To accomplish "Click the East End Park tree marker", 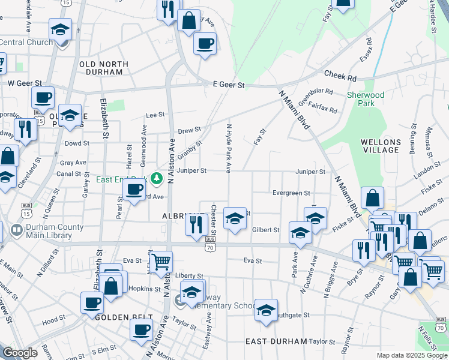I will (x=157, y=178).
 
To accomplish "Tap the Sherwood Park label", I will (x=366, y=99).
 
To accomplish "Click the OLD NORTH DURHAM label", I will (x=104, y=68).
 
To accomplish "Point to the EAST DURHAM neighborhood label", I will (x=276, y=341).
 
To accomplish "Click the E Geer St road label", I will (x=229, y=85).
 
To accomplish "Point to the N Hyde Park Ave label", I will (x=229, y=148).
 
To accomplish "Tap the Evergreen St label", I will (x=291, y=193).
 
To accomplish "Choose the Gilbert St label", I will (x=266, y=230).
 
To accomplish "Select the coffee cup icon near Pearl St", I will (x=134, y=189).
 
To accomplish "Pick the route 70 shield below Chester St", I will (x=209, y=247).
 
